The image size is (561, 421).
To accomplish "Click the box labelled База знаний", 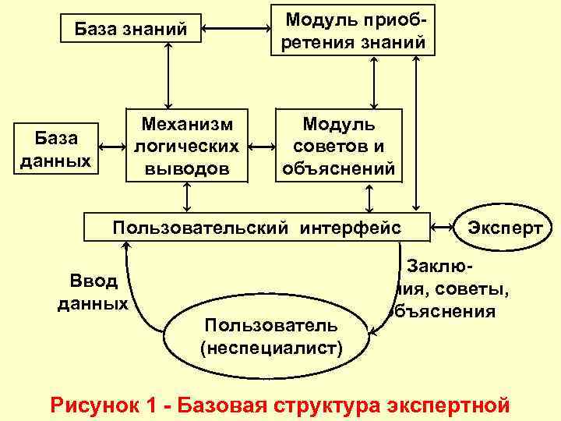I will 131,30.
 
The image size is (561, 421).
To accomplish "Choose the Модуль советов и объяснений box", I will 338,146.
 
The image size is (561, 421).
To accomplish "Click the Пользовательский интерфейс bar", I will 257,228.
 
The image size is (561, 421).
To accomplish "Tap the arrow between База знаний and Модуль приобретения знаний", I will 235,30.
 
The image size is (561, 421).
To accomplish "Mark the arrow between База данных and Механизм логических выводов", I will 113,147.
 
